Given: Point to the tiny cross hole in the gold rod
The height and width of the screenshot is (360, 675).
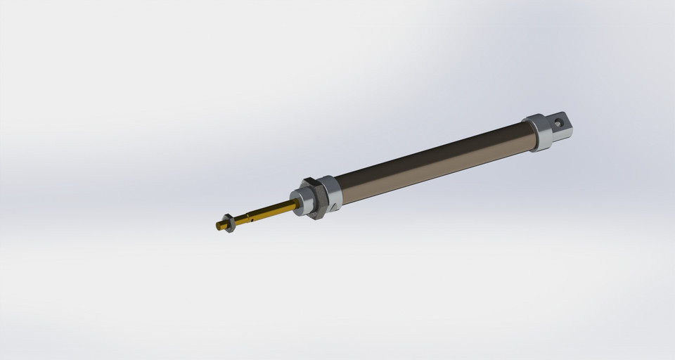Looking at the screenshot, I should coord(252,219).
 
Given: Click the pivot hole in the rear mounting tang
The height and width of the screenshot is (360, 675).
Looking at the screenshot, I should coord(559,121).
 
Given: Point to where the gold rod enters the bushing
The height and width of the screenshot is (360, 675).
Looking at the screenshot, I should coord(297,203).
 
